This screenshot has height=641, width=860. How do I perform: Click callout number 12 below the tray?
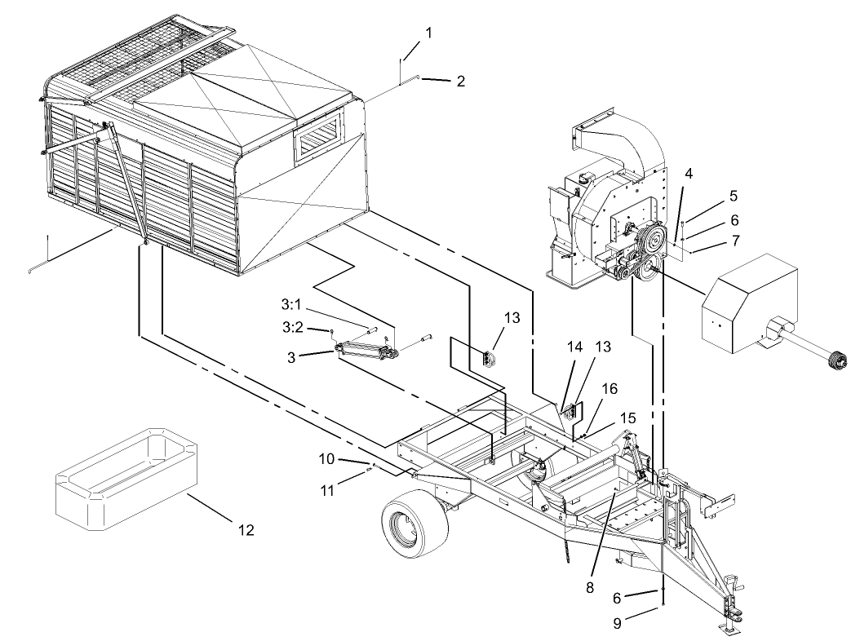[x=246, y=530]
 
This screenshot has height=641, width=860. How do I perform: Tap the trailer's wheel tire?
[x=410, y=524]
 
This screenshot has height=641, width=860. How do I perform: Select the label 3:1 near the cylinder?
[x=292, y=305]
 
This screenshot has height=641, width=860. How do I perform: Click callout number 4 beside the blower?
[x=689, y=173]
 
